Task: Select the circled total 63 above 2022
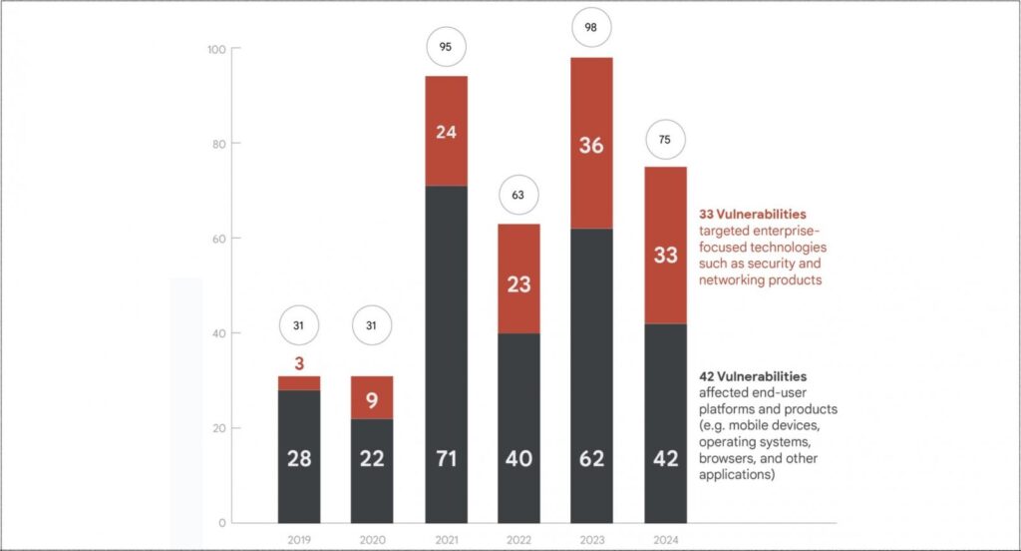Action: click(x=518, y=196)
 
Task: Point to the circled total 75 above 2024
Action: click(x=665, y=141)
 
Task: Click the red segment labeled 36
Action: click(x=591, y=144)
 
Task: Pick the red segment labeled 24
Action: click(x=446, y=130)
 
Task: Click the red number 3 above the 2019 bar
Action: click(x=298, y=363)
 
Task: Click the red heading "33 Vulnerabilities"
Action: click(x=753, y=214)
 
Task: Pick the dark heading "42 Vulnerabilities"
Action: click(x=753, y=377)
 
